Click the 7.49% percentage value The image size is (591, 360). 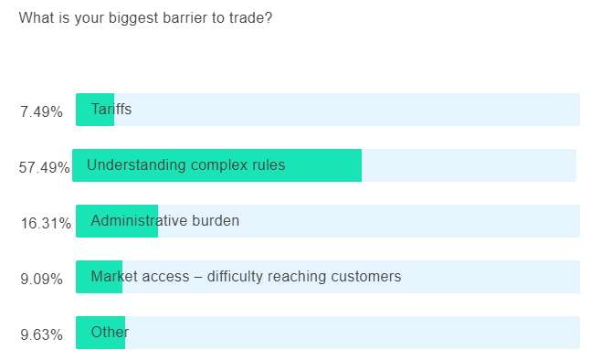[x=41, y=112]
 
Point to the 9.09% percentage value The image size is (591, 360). [x=41, y=279]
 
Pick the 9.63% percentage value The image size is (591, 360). [x=41, y=334]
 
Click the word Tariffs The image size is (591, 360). [x=111, y=110]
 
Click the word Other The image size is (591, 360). [x=110, y=333]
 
